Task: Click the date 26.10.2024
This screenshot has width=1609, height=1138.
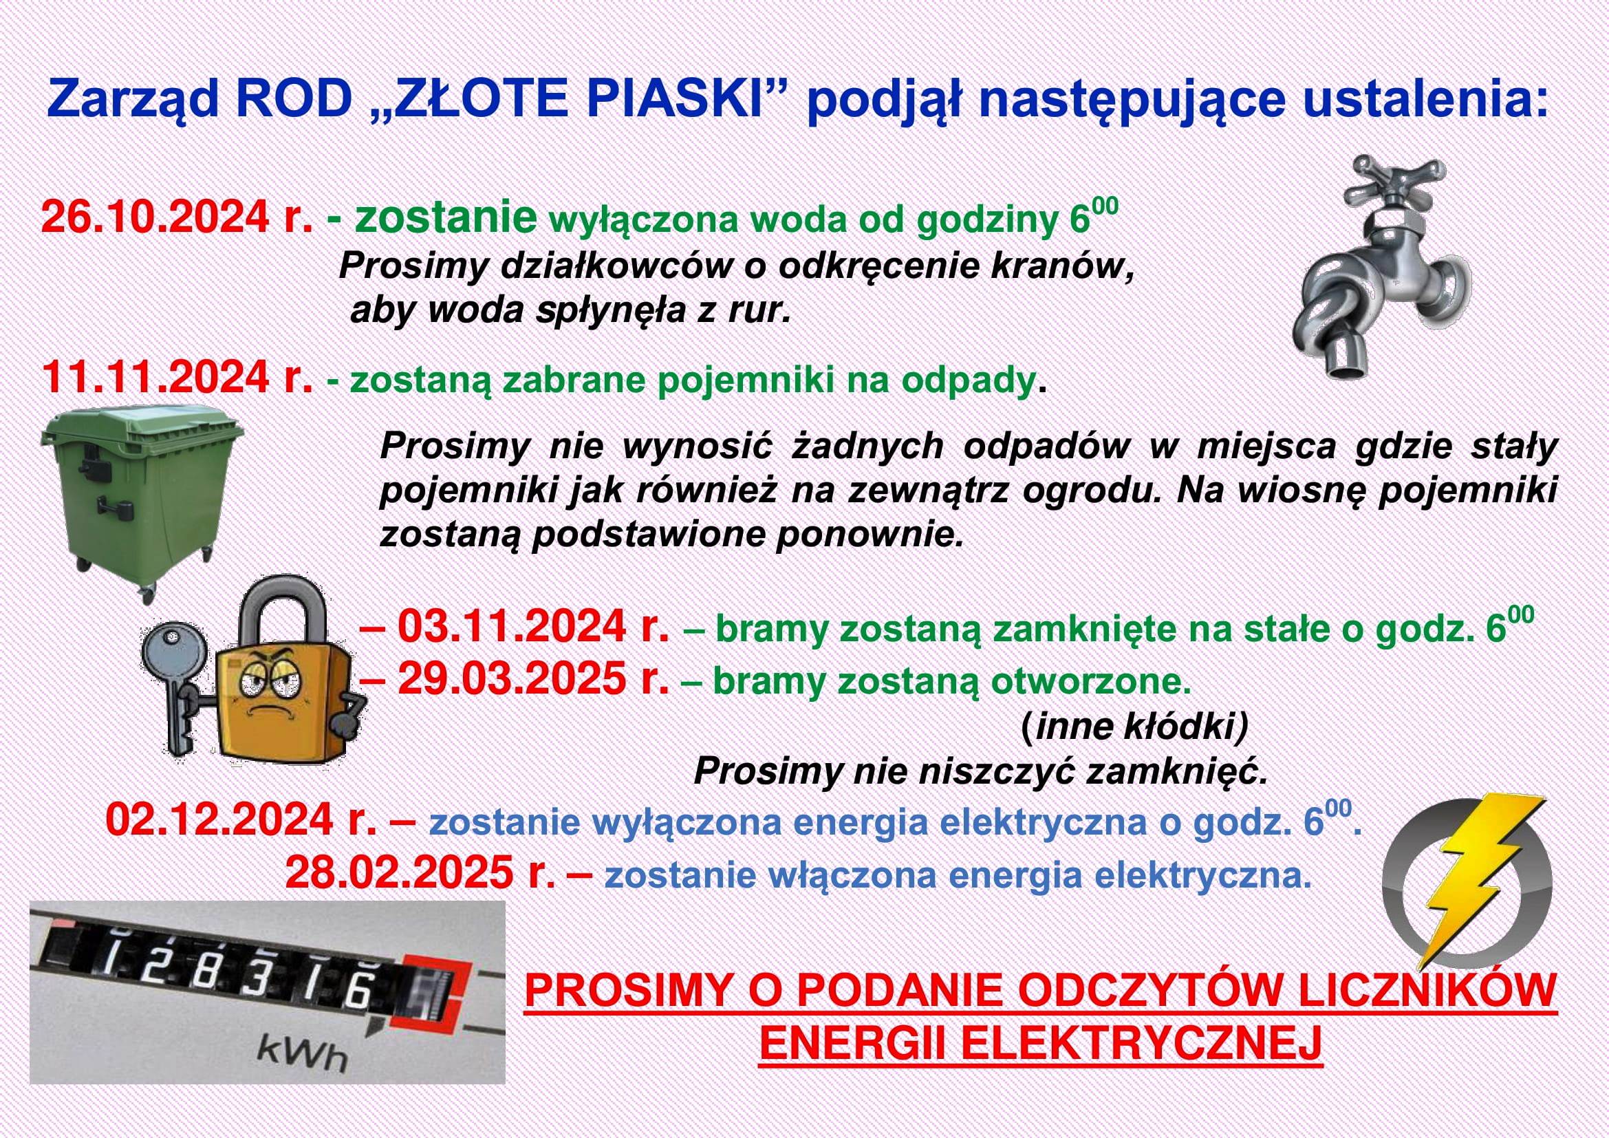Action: click(x=155, y=218)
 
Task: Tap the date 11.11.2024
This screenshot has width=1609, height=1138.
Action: click(x=155, y=378)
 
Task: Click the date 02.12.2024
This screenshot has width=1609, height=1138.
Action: click(x=219, y=821)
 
